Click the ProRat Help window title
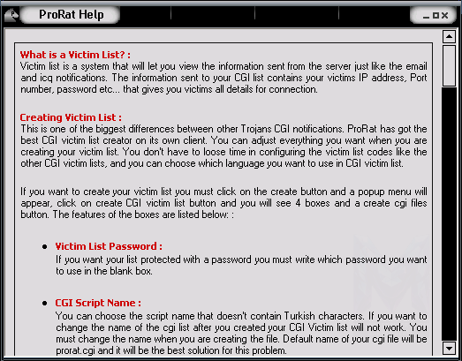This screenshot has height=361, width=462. coord(72,15)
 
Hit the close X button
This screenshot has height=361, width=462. coord(445,15)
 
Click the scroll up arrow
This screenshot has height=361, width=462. coord(449,36)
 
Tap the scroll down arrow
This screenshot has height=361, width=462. coord(449,349)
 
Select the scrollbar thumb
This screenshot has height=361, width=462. coord(449,65)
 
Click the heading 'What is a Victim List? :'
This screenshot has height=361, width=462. coord(75,55)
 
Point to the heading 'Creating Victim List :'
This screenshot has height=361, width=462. coord(71,117)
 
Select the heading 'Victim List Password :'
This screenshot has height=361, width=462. coord(109,246)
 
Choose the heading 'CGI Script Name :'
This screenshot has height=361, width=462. coord(98,303)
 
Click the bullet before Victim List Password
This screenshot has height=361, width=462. coord(45,246)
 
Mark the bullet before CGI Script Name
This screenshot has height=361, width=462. coord(45,303)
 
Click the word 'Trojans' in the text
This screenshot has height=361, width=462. coord(256,129)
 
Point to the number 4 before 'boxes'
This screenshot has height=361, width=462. coord(298,203)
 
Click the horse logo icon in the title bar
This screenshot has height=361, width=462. coord(11,15)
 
